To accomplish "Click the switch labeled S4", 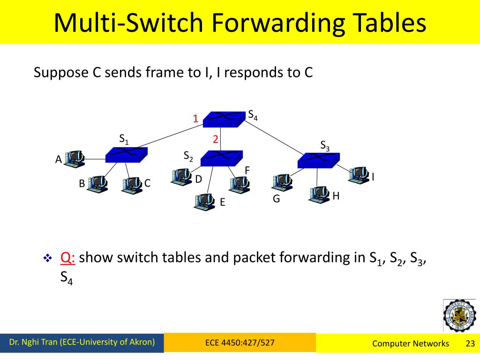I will click(x=223, y=119).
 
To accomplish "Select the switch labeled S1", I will click(x=127, y=155).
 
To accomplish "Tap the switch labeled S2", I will click(x=221, y=158).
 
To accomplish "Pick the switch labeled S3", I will click(x=319, y=160).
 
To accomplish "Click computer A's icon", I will click(x=75, y=159).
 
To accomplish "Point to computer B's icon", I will click(x=97, y=183).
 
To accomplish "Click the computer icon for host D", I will click(x=181, y=177).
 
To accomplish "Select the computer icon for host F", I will click(x=240, y=184).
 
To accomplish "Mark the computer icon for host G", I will click(x=282, y=182).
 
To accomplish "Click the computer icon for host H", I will click(x=319, y=194).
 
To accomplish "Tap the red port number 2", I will click(x=216, y=139).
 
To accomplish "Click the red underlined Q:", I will click(x=68, y=257).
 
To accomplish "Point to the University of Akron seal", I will click(x=459, y=315).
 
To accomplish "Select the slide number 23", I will click(x=470, y=344).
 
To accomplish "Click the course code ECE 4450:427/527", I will click(x=240, y=343).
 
